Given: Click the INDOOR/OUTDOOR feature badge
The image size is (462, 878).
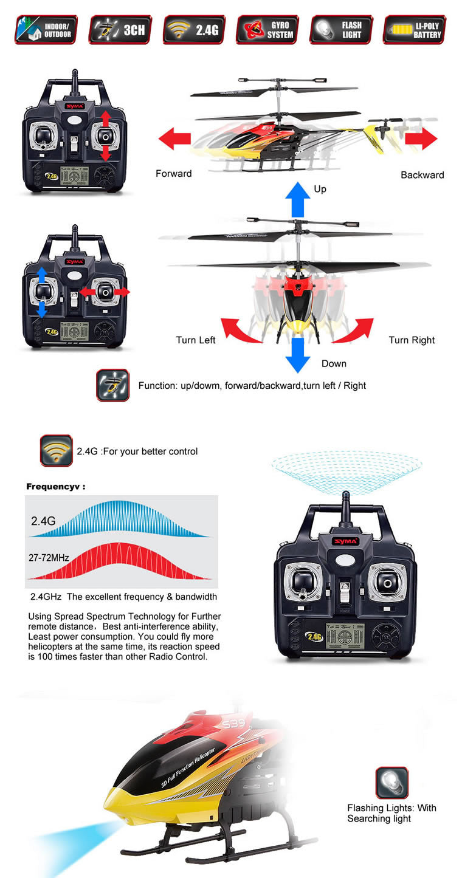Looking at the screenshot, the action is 46,30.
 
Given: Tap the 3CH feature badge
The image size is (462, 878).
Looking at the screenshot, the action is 120,30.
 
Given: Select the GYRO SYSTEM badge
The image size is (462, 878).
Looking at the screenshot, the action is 267,30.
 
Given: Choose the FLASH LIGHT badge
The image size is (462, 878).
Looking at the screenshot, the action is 341,30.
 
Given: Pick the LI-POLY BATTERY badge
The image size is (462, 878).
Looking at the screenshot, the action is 415,30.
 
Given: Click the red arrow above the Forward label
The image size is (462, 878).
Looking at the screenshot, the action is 174,139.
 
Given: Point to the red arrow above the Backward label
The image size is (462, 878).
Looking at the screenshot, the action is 421,139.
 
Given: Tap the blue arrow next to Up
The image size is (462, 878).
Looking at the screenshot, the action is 298,199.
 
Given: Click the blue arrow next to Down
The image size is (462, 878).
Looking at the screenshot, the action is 298,355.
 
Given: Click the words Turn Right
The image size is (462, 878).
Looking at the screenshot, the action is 412,340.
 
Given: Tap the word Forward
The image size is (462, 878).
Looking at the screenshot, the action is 174,174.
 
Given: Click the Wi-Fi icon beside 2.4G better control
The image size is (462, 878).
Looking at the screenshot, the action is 56,450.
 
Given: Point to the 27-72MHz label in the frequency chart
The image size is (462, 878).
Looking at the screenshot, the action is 49,557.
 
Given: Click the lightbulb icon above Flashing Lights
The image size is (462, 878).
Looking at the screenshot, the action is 392,783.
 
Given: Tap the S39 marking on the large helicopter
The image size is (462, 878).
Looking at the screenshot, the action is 234,724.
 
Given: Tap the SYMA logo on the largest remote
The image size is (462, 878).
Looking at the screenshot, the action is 345,541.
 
